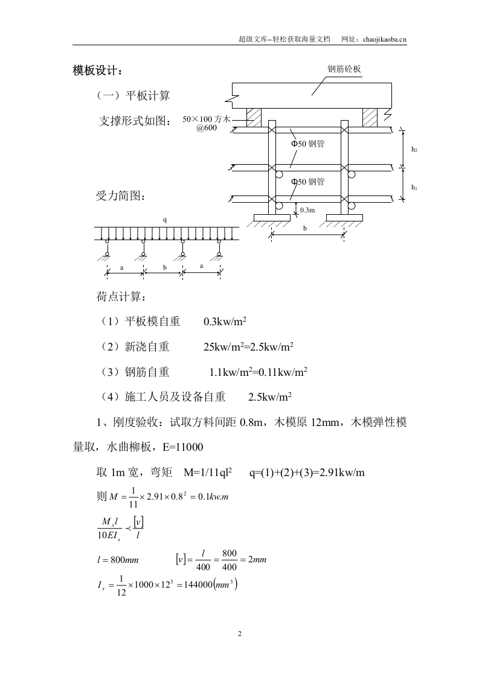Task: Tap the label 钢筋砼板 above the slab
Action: tap(344, 69)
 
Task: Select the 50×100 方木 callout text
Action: tap(206, 119)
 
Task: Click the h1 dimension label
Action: tap(414, 187)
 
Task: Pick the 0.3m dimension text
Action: tap(307, 210)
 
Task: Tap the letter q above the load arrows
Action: tap(164, 220)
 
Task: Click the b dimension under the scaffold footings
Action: tap(305, 229)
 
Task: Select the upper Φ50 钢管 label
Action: tap(308, 144)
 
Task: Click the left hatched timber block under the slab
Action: tap(254, 117)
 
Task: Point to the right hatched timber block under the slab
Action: tap(369, 117)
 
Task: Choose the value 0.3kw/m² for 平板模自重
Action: tap(225, 322)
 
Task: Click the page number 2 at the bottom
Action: tap(240, 634)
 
